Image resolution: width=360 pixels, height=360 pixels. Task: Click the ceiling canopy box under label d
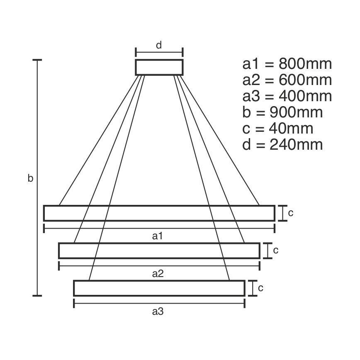[x=159, y=67]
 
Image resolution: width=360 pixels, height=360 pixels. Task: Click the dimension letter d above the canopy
[x=159, y=45]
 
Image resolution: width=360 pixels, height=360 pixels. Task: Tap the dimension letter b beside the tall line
[x=30, y=179]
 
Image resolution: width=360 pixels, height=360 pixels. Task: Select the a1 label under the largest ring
[x=157, y=236]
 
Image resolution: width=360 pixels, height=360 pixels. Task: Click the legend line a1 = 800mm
[x=287, y=64]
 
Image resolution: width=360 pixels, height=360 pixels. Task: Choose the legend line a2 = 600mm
[x=287, y=80]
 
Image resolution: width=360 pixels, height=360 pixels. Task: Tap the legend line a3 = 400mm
[x=287, y=96]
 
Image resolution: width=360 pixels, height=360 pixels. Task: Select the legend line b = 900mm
[x=282, y=112]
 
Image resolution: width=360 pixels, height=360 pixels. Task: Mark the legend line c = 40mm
[x=277, y=129]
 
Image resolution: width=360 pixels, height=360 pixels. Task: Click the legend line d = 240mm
[x=282, y=145]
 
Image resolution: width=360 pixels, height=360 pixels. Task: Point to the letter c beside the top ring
[x=291, y=213]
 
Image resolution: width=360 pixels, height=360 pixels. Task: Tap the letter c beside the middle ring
[x=275, y=251]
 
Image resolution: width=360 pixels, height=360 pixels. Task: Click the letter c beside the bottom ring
[x=260, y=288]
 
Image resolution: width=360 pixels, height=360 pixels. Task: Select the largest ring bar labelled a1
[x=159, y=213]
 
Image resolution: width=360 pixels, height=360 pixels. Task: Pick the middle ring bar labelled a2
[x=159, y=251]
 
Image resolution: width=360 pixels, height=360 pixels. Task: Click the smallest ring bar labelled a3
[x=159, y=288]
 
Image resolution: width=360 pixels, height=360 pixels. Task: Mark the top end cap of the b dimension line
[x=37, y=60]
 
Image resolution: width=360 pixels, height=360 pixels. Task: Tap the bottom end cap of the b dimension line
[x=37, y=296]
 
